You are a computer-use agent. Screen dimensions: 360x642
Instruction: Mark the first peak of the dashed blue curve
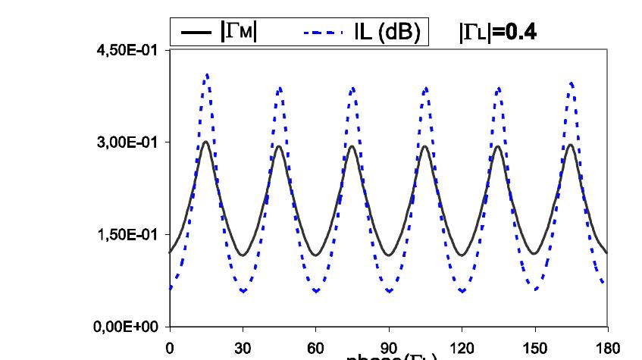(206, 74)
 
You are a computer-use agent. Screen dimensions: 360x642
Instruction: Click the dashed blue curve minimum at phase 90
(389, 291)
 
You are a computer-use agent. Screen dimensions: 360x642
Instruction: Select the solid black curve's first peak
(206, 142)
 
